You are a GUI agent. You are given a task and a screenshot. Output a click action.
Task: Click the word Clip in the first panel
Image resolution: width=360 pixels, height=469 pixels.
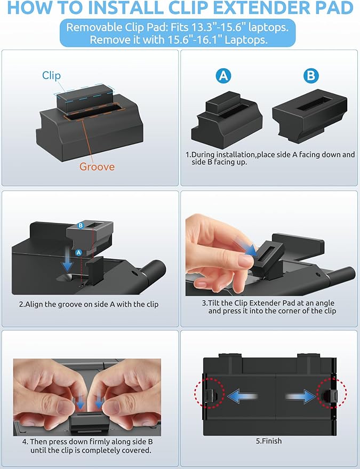click(x=51, y=75)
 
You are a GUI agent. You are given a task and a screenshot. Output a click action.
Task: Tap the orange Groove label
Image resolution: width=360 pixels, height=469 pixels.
click(x=97, y=166)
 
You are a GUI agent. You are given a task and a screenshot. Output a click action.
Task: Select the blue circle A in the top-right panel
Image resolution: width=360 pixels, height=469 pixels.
click(x=223, y=76)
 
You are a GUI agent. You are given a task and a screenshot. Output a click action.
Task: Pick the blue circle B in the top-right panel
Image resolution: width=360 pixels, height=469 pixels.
click(x=311, y=76)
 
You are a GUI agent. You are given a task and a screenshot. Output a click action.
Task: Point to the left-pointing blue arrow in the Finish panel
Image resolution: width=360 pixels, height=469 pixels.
click(x=243, y=396)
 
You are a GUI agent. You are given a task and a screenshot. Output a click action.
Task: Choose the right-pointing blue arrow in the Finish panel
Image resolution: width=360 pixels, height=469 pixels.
click(x=300, y=396)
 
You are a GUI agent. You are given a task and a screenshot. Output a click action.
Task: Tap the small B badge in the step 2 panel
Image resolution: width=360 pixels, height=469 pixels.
click(x=81, y=226)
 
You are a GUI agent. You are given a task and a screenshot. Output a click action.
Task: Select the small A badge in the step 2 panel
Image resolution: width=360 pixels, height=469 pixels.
click(x=78, y=253)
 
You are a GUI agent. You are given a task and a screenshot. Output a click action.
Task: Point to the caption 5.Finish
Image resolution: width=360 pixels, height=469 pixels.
click(x=268, y=441)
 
